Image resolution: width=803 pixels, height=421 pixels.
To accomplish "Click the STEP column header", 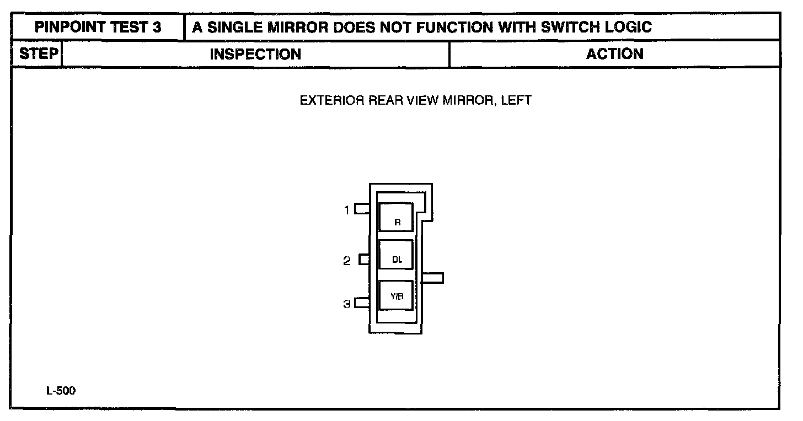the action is tap(39, 54).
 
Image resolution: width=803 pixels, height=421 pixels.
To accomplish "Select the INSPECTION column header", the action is tap(255, 54).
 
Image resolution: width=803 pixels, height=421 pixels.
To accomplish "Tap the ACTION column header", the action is tap(614, 54).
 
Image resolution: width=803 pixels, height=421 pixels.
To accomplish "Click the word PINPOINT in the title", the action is tap(67, 27).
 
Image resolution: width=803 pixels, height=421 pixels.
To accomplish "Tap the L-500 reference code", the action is tap(61, 391).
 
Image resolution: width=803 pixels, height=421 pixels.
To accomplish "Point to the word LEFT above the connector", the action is tap(516, 101).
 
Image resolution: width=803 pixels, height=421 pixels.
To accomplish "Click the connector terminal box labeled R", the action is tap(396, 217).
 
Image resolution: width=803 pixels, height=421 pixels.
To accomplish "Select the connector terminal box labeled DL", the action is tap(396, 255).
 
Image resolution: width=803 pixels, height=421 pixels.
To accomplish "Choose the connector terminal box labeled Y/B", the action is tap(396, 295).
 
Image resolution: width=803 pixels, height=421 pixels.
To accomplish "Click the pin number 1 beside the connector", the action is tap(347, 210).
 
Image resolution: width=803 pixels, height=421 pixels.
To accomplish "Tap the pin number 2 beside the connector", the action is tap(347, 261).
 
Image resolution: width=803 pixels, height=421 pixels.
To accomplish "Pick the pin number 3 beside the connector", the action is tap(347, 304).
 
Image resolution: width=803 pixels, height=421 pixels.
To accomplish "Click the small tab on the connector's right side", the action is tap(432, 278).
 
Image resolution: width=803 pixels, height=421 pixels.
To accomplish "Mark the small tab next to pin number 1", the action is tap(362, 209).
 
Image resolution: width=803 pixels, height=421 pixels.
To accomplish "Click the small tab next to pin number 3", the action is tap(362, 303).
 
